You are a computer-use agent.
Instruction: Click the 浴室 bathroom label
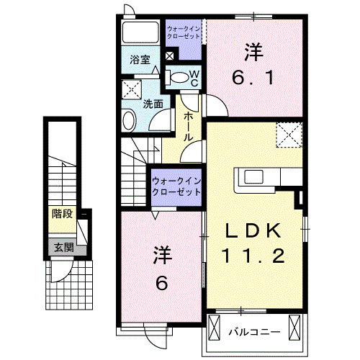point(140,60)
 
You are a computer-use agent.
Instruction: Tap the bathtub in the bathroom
point(140,33)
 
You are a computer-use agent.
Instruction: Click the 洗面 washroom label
point(152,103)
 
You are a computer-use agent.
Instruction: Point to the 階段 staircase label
point(63,214)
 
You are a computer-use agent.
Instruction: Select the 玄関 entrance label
point(62,246)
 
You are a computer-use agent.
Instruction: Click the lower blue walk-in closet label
point(175,187)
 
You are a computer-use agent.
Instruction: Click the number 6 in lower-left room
point(161,284)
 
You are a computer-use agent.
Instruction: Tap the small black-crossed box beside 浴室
point(169,55)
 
